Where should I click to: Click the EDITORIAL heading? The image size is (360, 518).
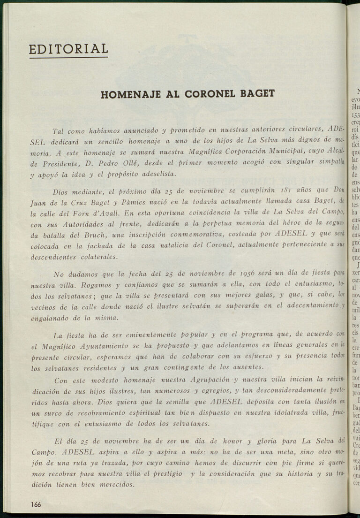click(x=68, y=49)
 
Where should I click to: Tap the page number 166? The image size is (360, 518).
click(x=36, y=504)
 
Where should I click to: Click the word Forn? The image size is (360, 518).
click(x=85, y=213)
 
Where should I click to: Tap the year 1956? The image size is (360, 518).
click(x=248, y=273)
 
